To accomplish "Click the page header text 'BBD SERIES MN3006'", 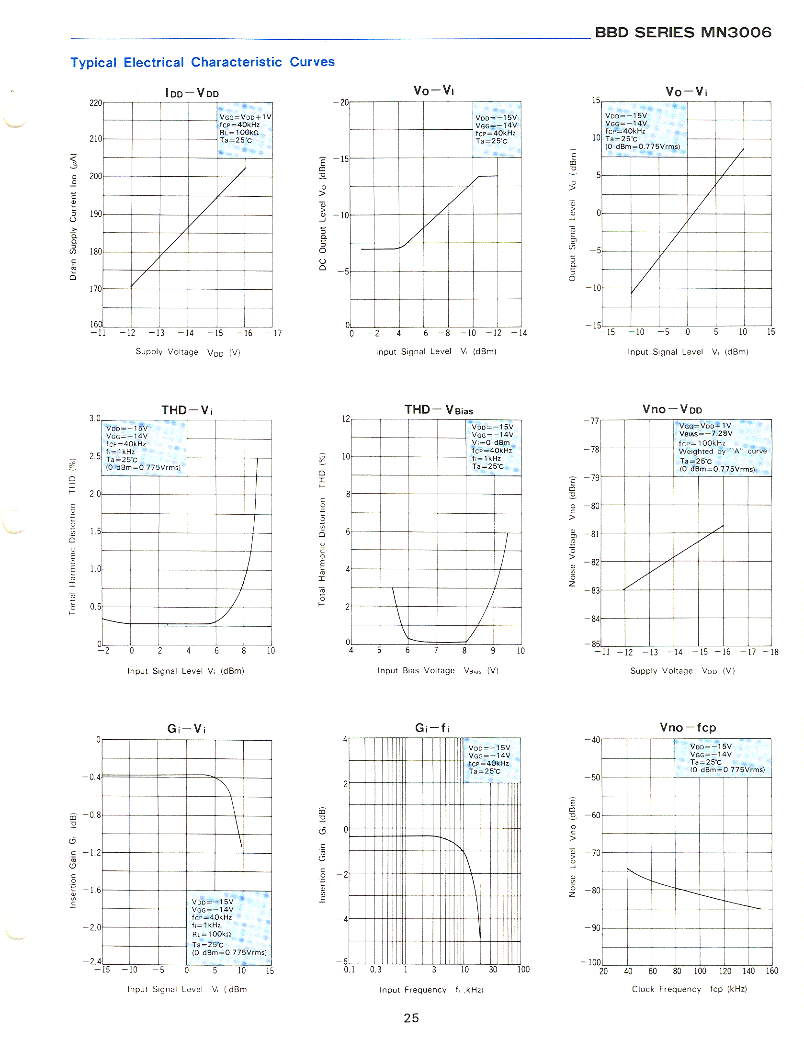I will [683, 33].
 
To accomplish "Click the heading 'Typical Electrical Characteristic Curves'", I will [203, 62].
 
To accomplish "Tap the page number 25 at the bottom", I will [411, 1018].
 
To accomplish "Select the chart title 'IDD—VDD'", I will [192, 93].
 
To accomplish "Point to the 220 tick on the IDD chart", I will [96, 103].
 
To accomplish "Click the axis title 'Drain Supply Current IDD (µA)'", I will [73, 216].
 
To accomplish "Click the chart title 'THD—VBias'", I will [438, 410].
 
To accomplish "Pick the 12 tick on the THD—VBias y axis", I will [346, 419].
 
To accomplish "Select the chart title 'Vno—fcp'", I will [688, 728].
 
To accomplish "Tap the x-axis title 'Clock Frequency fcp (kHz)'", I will [689, 989].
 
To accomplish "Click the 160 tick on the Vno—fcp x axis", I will [771, 971].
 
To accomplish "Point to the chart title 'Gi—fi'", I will [432, 728].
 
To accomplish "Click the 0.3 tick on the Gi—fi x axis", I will [375, 970].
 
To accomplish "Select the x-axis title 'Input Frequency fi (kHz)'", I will [431, 989].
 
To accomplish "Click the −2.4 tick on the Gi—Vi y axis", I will [92, 961].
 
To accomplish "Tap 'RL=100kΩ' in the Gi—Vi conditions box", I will [212, 934].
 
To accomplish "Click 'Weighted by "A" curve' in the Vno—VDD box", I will [722, 451].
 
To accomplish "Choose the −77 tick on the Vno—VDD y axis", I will [591, 421].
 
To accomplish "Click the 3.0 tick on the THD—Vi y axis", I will [95, 418].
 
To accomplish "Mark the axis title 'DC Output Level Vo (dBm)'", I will [322, 213].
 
